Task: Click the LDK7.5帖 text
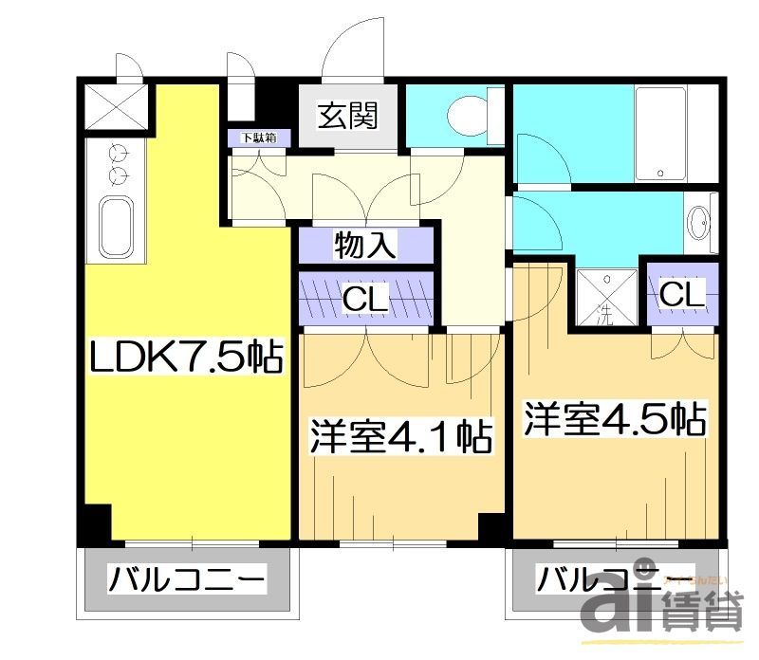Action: [186, 357]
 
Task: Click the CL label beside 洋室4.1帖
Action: [365, 299]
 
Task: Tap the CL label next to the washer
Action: [682, 295]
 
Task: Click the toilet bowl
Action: [466, 117]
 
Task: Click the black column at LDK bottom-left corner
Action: [94, 524]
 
